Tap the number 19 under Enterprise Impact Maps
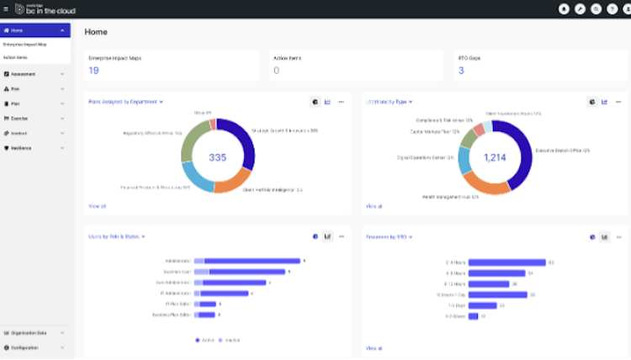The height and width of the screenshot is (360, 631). point(93,71)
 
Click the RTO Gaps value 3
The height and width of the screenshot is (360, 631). point(461,71)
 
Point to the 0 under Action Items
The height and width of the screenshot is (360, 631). point(276,71)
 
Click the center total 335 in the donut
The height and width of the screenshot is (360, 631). point(218,157)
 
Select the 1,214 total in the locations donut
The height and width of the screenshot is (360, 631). point(495,157)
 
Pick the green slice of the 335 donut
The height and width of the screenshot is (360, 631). point(193,140)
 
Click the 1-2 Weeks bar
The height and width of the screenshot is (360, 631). point(473,316)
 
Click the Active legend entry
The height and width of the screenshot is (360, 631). point(205,340)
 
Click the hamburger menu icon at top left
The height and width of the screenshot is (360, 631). point(6,8)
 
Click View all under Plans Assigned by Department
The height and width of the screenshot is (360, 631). point(97,205)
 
